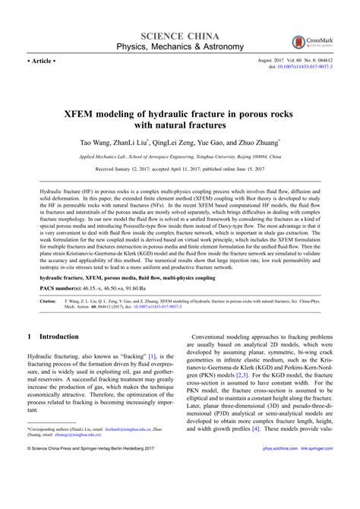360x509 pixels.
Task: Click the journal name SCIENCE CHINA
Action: click(179, 36)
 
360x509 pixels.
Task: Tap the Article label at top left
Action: click(42, 57)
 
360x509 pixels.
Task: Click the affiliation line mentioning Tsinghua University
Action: click(179, 154)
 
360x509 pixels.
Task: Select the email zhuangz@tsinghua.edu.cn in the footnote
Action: click(73, 457)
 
